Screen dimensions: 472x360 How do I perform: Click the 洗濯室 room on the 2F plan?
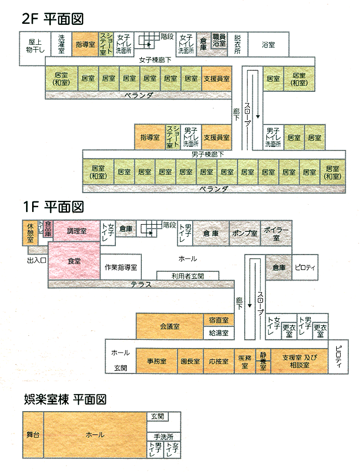point(61,45)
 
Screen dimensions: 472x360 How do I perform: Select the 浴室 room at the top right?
point(268,45)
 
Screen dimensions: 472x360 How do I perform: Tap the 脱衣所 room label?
point(237,45)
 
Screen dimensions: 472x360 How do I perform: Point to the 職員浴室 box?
point(219,40)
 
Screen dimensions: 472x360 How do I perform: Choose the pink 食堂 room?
point(74,261)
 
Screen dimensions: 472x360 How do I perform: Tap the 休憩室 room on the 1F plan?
point(29,232)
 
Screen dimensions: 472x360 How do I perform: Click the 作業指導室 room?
point(121,267)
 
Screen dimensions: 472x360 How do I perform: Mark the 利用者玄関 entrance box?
point(187,276)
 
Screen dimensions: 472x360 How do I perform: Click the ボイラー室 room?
point(275,233)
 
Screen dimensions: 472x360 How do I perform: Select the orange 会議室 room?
point(169,326)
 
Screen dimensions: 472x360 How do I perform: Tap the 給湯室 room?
point(218,333)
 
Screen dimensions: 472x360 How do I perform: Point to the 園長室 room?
point(189,361)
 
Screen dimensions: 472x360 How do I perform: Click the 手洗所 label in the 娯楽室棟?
point(164,435)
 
